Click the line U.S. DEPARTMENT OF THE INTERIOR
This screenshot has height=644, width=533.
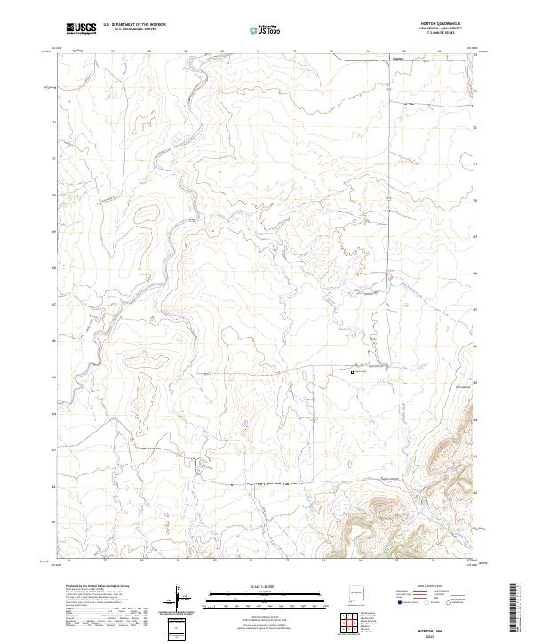(133, 25)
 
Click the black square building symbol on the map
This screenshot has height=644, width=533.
(353, 373)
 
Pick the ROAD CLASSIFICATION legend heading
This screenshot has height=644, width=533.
(426, 587)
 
